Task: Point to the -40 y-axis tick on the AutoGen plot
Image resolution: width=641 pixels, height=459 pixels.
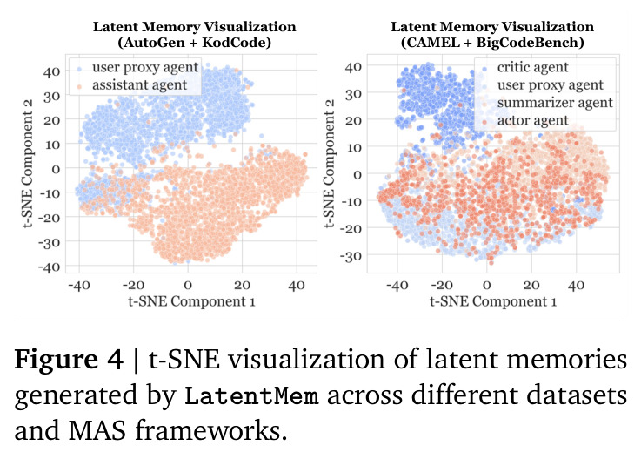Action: click(x=49, y=267)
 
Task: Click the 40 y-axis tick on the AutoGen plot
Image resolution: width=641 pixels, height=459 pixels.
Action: click(x=51, y=72)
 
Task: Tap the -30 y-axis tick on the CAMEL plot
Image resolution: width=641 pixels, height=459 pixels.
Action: click(x=351, y=256)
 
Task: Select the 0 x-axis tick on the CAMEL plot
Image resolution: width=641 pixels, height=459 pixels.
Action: click(x=486, y=285)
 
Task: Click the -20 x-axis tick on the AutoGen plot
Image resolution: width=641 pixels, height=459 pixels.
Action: click(x=134, y=285)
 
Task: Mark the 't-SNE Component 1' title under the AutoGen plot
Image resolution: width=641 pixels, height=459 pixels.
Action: click(x=191, y=301)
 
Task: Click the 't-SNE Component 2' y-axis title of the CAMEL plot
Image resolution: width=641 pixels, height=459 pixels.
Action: click(x=329, y=163)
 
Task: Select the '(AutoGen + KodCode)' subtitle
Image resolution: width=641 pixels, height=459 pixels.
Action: click(x=194, y=43)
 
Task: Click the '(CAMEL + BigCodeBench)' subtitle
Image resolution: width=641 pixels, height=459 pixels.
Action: click(x=492, y=43)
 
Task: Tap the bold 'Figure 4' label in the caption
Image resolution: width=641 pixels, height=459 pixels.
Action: click(x=69, y=360)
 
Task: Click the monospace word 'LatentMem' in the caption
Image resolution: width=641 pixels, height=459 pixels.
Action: click(x=251, y=396)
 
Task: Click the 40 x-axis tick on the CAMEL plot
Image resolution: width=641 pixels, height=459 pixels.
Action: click(x=576, y=285)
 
